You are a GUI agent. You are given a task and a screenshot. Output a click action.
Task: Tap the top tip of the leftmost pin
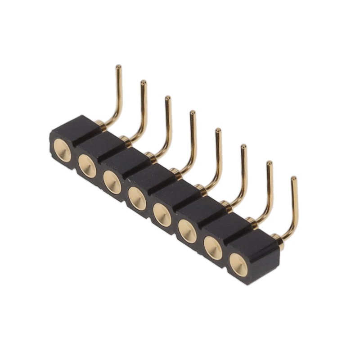point(118,67)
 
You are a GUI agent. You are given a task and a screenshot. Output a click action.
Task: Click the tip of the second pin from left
point(144,83)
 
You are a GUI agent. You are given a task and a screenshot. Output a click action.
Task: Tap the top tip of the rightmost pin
point(294,180)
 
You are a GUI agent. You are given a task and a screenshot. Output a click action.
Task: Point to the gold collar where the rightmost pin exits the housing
point(278,238)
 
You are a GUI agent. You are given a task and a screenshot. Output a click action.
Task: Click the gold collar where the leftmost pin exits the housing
point(101,124)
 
